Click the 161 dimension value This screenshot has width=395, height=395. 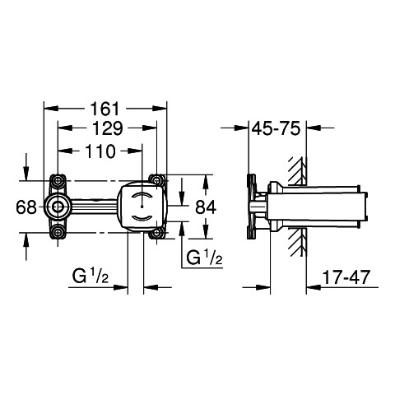pyautogui.click(x=105, y=109)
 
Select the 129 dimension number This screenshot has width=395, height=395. pyautogui.click(x=107, y=128)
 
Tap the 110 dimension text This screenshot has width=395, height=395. pyautogui.click(x=100, y=151)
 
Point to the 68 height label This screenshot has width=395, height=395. pyautogui.click(x=26, y=207)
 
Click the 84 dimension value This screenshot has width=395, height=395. pyautogui.click(x=206, y=207)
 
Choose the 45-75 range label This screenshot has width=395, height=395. pyautogui.click(x=276, y=128)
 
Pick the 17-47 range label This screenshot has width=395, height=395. pyautogui.click(x=346, y=277)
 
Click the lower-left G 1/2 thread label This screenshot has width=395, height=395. pyautogui.click(x=91, y=276)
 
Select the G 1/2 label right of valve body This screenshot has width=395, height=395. pyautogui.click(x=204, y=258)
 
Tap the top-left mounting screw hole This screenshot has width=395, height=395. pyautogui.click(x=58, y=180)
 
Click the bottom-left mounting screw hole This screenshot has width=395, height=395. pyautogui.click(x=58, y=233)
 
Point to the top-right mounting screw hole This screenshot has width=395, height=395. pyautogui.click(x=156, y=180)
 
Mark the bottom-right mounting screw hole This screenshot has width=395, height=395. pyautogui.click(x=156, y=233)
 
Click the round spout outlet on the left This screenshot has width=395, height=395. pyautogui.click(x=58, y=207)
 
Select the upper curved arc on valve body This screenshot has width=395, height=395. pyautogui.click(x=142, y=194)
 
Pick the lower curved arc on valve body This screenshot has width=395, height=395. pyautogui.click(x=142, y=219)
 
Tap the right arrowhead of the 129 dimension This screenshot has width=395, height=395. pyautogui.click(x=150, y=128)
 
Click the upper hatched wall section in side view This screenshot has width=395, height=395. pyautogui.click(x=297, y=170)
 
